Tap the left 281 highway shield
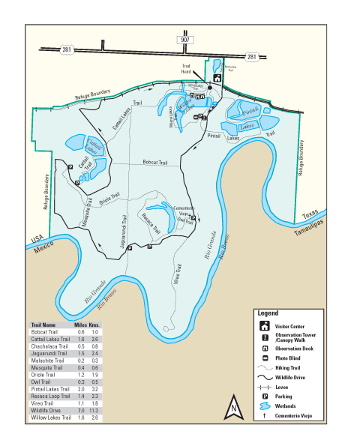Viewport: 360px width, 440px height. coord(66,51)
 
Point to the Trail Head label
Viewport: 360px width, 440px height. coord(187,67)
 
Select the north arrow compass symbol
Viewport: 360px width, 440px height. coord(233,409)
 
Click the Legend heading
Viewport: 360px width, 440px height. coord(268,313)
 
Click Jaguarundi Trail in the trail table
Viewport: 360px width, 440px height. coord(49,353)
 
